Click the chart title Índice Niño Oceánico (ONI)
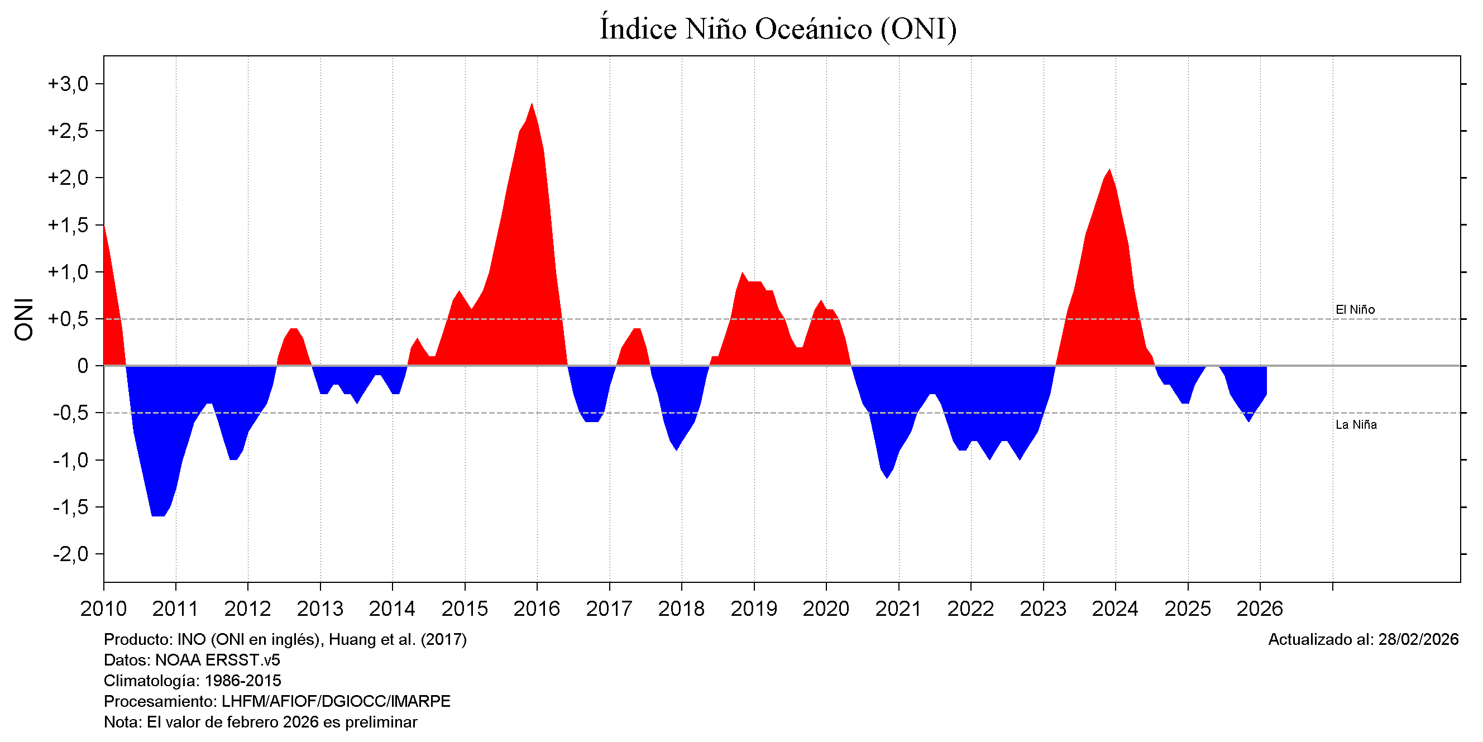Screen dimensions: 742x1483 click(778, 29)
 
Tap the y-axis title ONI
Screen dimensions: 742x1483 click(24, 319)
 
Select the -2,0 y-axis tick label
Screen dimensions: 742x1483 click(70, 554)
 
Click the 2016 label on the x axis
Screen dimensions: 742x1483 click(537, 609)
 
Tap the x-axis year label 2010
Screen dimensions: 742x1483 click(104, 609)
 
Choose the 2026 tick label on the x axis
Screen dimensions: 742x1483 click(1260, 609)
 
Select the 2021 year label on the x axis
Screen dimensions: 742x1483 click(898, 609)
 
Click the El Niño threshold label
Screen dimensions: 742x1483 click(1355, 310)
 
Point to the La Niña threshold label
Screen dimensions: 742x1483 click(1356, 425)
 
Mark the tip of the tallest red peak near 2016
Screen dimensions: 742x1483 click(532, 104)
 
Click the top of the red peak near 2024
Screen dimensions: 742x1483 click(1109, 170)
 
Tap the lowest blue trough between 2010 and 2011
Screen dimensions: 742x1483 click(158, 515)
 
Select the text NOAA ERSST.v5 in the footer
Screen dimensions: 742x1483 click(218, 660)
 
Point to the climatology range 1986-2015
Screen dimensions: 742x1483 click(243, 681)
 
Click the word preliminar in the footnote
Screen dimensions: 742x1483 click(381, 722)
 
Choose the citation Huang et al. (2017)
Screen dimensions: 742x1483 click(397, 639)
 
